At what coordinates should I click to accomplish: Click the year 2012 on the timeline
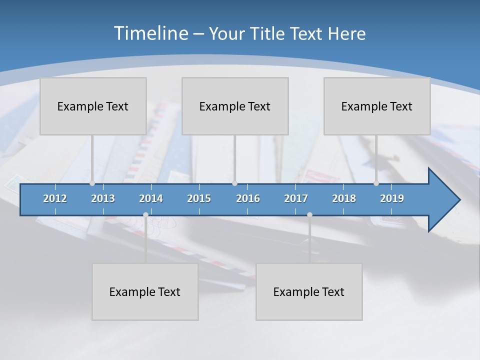pyautogui.click(x=55, y=198)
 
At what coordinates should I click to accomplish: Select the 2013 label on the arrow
pyautogui.click(x=103, y=198)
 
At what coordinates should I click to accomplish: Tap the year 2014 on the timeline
pyautogui.click(x=151, y=198)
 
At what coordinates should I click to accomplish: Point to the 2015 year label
pyautogui.click(x=199, y=198)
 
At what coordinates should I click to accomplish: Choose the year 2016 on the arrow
pyautogui.click(x=248, y=198)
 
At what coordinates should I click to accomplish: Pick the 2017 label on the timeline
pyautogui.click(x=296, y=198)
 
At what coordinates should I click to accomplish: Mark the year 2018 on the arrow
pyautogui.click(x=344, y=198)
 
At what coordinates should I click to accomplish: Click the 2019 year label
pyautogui.click(x=392, y=198)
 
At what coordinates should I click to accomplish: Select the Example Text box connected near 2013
pyautogui.click(x=93, y=106)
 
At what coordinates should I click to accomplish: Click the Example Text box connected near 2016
pyautogui.click(x=235, y=106)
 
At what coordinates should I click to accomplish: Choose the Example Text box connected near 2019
pyautogui.click(x=377, y=106)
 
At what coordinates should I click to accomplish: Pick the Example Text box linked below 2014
pyautogui.click(x=145, y=291)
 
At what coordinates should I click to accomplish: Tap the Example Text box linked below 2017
pyautogui.click(x=309, y=291)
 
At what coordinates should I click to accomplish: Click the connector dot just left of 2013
pyautogui.click(x=92, y=183)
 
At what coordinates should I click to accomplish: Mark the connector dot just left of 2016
pyautogui.click(x=235, y=183)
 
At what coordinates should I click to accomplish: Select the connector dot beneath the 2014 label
pyautogui.click(x=145, y=215)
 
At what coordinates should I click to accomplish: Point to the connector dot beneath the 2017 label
pyautogui.click(x=309, y=215)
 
